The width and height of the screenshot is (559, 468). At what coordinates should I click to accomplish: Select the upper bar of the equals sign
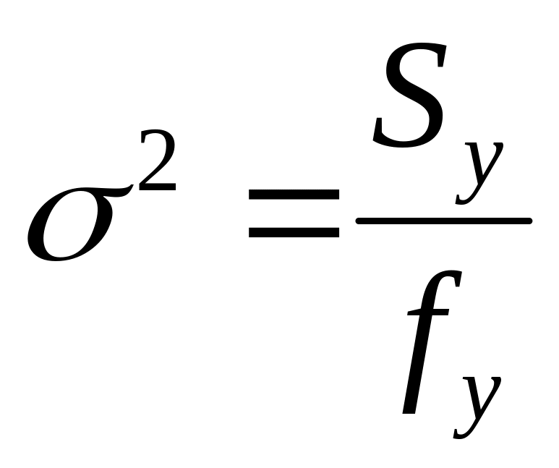[x=294, y=194]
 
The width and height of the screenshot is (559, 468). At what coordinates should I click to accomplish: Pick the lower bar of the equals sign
[x=294, y=232]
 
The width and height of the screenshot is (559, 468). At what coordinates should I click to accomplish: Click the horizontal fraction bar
[x=444, y=220]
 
